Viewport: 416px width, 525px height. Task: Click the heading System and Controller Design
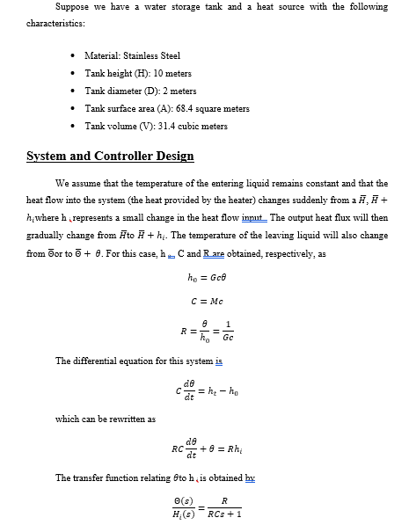(110, 157)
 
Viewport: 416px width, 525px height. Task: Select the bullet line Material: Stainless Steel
(132, 55)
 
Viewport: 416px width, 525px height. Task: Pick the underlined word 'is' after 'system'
(219, 361)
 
